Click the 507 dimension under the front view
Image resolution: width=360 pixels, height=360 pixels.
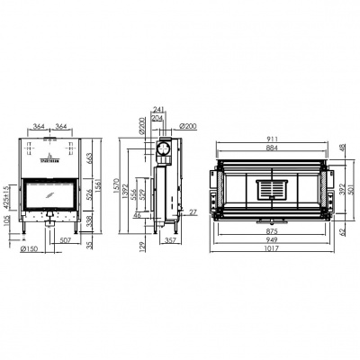pos(66,240)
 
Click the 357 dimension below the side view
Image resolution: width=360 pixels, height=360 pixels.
pos(171,240)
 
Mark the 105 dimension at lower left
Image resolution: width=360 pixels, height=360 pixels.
pos(8,219)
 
